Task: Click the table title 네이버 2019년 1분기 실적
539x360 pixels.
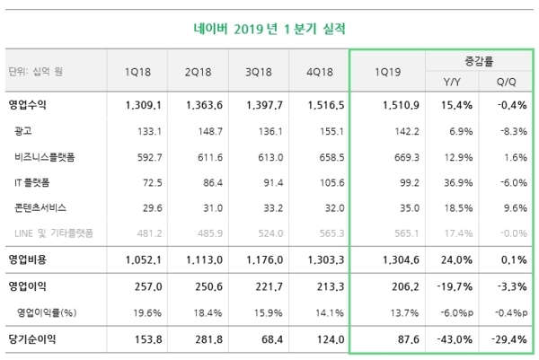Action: tap(269, 28)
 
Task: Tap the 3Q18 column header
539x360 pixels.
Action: tap(255, 72)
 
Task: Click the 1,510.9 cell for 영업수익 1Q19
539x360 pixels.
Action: tap(400, 105)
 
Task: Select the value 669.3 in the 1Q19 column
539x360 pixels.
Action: tap(406, 157)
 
